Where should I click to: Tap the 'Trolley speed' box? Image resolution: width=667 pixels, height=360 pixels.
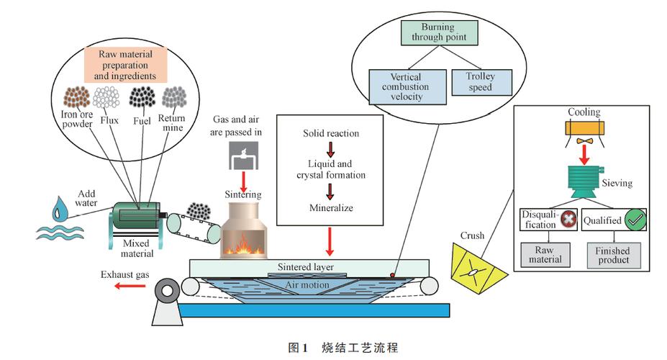pyautogui.click(x=480, y=82)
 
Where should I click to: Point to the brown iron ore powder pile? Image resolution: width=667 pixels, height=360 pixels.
pyautogui.click(x=76, y=96)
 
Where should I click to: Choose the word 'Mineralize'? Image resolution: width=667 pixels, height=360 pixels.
pyautogui.click(x=330, y=209)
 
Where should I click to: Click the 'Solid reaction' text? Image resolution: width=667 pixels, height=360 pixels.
pyautogui.click(x=331, y=134)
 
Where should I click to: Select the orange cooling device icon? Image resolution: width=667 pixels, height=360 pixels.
pyautogui.click(x=584, y=130)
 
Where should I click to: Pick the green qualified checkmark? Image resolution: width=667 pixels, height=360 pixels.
pyautogui.click(x=634, y=219)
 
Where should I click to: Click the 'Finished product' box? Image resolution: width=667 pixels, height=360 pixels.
pyautogui.click(x=613, y=254)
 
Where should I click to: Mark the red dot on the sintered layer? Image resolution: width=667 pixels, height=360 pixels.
pyautogui.click(x=392, y=275)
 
